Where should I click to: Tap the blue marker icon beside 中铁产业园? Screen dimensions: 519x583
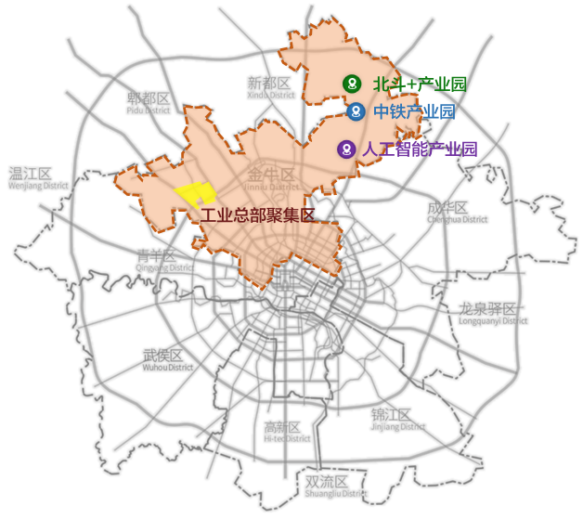point(356,112)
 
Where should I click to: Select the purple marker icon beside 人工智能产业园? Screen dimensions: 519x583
point(346,149)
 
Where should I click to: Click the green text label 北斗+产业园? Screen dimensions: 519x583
point(419,84)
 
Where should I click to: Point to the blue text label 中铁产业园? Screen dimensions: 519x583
point(414,112)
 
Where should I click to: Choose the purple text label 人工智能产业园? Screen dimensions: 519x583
point(419,149)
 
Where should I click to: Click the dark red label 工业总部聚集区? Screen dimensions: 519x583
point(258,215)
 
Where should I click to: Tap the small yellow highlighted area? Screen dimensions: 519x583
point(196,193)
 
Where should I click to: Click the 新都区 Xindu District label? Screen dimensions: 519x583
point(270,88)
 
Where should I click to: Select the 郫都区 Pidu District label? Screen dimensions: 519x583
point(149,102)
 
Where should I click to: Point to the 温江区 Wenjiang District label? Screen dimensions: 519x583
point(38,178)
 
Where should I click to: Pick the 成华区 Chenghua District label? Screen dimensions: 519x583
point(457,213)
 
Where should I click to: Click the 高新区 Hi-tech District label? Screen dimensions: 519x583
point(285,432)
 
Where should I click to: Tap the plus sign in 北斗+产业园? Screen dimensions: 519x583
point(402,84)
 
